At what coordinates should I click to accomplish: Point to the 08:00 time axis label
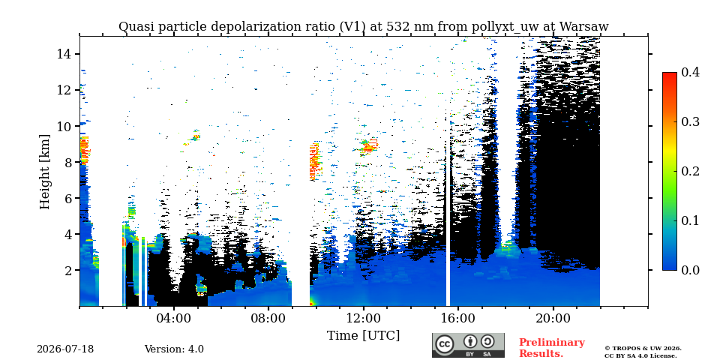[x=269, y=319]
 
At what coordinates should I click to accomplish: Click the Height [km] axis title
[x=44, y=172]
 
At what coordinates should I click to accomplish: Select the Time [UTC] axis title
[x=363, y=336]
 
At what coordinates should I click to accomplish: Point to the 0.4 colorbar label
[x=690, y=72]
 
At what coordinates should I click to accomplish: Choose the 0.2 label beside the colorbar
[x=690, y=171]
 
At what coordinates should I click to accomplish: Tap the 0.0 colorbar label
[x=690, y=270]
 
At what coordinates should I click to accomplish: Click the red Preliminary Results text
[x=552, y=348]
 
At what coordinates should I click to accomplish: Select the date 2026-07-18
[x=65, y=349]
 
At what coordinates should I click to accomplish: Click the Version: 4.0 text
[x=174, y=349]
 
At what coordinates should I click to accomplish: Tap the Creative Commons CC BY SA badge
[x=468, y=345]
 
